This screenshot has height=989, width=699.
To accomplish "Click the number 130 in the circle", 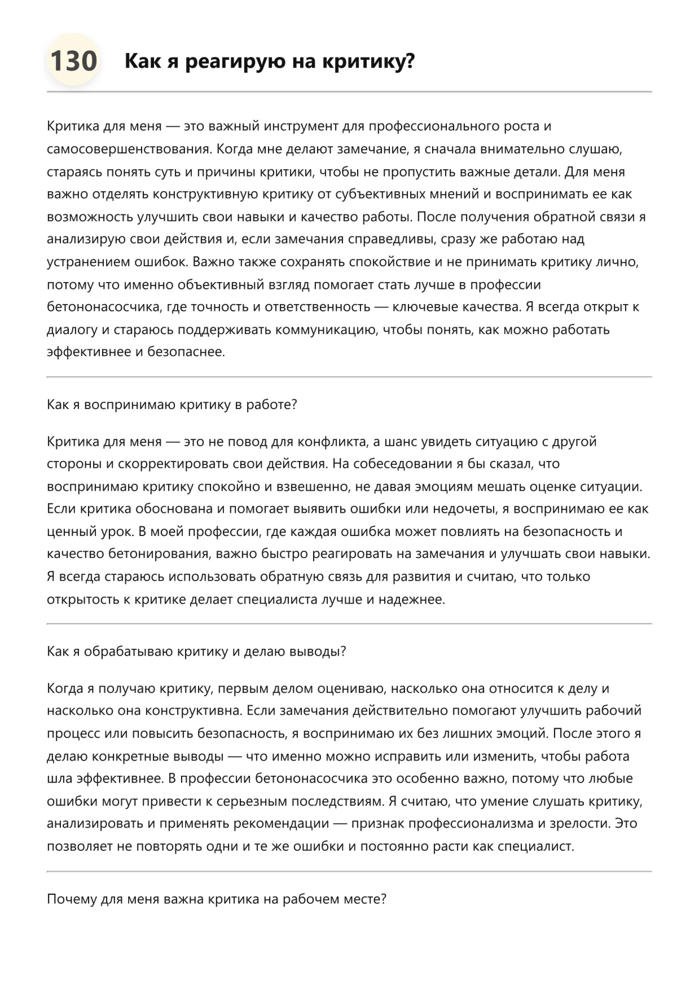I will pos(73,61).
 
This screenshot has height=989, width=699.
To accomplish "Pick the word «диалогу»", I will pos(72,329).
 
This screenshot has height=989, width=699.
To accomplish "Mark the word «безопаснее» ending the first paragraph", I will pos(186,352).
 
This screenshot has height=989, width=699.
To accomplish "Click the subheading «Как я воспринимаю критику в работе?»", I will pos(172,405).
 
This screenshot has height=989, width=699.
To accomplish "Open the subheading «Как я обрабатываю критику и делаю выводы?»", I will pos(196,652).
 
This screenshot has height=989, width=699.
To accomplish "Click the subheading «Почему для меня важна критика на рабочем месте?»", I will pos(217,899).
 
